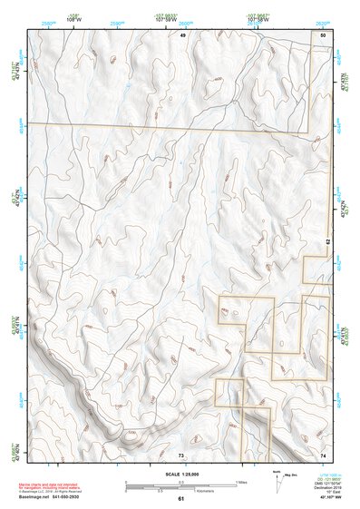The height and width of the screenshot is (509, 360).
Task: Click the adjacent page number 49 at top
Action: (181, 34)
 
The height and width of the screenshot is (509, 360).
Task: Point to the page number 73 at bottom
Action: (180, 454)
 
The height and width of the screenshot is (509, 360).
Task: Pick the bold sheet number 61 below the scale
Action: (180, 498)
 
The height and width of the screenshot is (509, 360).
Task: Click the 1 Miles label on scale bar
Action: (239, 482)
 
